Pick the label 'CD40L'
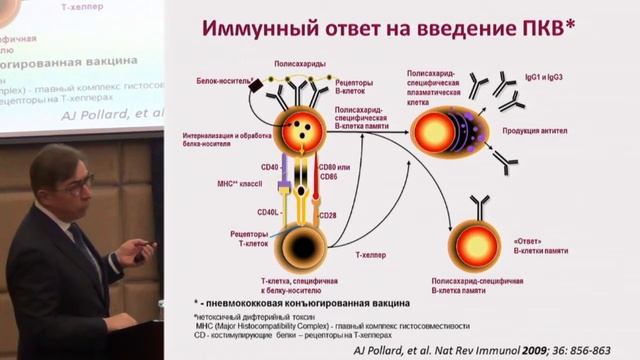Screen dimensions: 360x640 click(x=268, y=211)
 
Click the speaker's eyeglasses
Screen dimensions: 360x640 click(x=74, y=182)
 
